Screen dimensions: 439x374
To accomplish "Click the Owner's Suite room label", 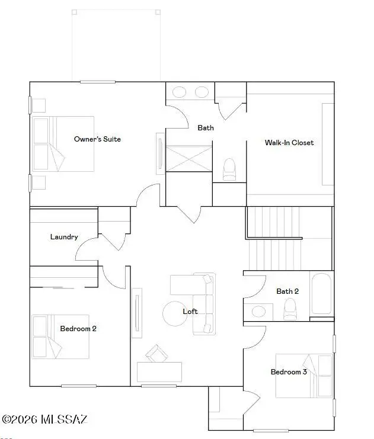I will tap(97, 139).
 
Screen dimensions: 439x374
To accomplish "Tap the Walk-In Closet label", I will tap(289, 143).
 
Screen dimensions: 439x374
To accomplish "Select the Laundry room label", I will tap(64, 237).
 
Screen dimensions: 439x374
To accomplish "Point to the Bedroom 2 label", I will tap(78, 329).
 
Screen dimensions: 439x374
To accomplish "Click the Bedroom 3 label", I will tap(289, 372).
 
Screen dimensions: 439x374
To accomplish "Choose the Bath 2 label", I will tap(287, 291).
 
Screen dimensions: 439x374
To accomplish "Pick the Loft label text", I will tap(190, 312).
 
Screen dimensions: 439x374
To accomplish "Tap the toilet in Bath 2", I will tap(290, 309).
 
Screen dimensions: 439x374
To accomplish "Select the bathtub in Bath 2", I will tap(321, 294).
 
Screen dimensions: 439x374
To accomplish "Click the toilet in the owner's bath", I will tap(229, 169).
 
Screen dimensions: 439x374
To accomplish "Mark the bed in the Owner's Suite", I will tap(63, 144).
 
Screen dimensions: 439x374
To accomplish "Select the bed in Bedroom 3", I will tap(305, 376).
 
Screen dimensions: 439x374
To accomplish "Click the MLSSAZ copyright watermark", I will tap(45, 419).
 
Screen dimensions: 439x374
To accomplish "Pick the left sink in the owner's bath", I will tap(179, 92).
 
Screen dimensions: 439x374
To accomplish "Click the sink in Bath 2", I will tap(258, 311).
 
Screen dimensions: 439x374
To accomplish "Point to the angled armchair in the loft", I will tap(156, 354).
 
